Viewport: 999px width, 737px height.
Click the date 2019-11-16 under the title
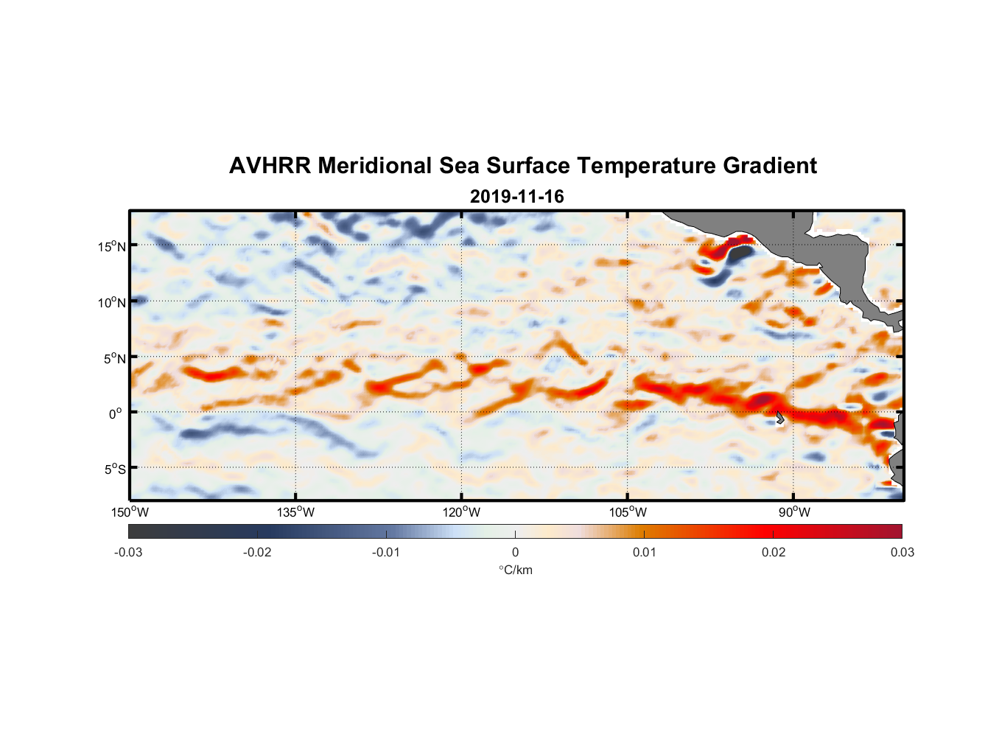tap(516, 197)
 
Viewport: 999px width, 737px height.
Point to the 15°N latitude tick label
tap(112, 246)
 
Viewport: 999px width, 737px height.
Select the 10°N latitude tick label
tap(112, 302)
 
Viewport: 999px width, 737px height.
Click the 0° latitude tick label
tap(115, 413)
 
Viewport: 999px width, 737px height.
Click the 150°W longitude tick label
tap(130, 512)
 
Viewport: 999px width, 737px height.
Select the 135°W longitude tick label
tap(295, 512)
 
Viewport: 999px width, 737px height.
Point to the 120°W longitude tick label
tap(461, 512)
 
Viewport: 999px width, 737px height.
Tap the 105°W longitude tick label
tap(628, 512)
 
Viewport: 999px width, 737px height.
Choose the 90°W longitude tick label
tap(794, 512)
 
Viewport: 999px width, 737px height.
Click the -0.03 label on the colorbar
tap(128, 552)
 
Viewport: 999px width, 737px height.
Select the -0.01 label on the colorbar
tap(386, 552)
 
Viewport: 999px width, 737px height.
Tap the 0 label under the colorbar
tap(515, 552)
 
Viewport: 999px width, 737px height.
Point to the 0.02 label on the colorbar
tap(774, 552)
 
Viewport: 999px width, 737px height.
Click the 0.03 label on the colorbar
tap(902, 552)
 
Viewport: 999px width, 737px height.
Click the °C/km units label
tap(515, 570)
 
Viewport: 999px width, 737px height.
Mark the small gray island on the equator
tap(779, 418)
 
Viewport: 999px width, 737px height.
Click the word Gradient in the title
tap(770, 166)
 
